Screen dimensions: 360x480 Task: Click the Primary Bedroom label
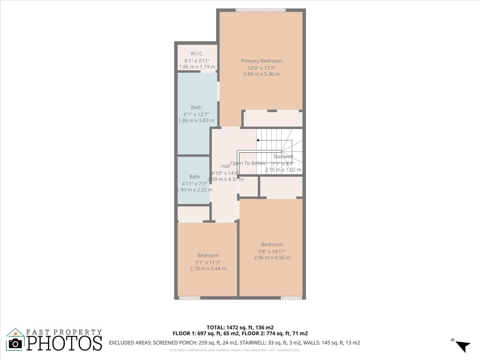click(261, 61)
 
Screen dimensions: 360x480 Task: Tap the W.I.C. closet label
click(196, 53)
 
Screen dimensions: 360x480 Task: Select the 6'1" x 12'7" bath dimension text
click(196, 114)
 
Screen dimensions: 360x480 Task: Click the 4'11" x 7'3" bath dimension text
click(194, 183)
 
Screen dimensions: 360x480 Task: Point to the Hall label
click(225, 166)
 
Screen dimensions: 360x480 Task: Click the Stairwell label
click(283, 157)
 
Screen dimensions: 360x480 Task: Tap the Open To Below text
click(247, 163)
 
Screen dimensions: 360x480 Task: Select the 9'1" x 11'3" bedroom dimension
click(207, 262)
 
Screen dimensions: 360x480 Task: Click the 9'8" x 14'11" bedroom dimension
click(272, 251)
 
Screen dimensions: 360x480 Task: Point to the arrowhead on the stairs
click(258, 140)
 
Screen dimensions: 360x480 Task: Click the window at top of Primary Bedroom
click(261, 10)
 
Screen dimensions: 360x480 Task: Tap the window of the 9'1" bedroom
click(189, 298)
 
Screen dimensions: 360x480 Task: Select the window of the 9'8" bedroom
click(291, 298)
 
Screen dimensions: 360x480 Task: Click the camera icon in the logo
click(16, 343)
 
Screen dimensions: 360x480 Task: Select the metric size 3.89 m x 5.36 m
click(261, 74)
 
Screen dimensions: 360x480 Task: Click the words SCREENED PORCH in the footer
click(173, 343)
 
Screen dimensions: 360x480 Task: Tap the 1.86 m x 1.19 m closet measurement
click(197, 67)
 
